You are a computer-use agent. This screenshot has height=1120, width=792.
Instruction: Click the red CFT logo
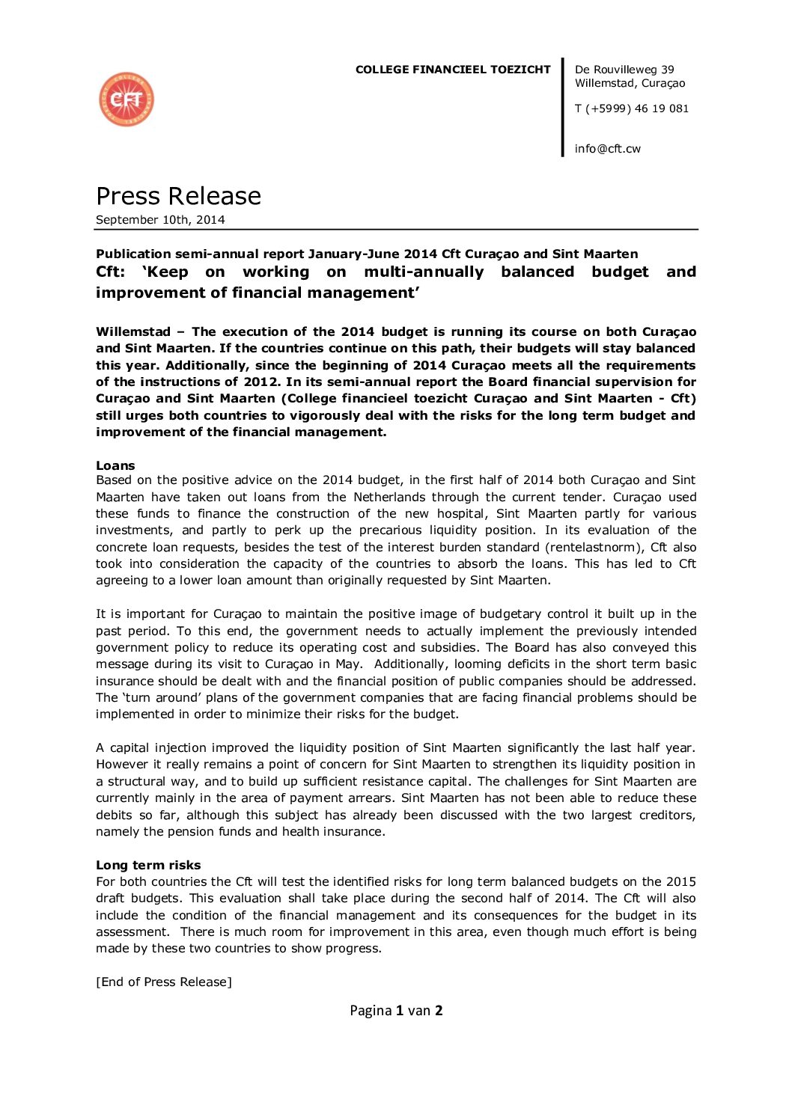[126, 100]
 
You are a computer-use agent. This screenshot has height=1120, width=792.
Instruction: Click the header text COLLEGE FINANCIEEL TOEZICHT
[452, 70]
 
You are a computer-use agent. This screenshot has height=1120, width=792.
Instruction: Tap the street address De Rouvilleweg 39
[624, 70]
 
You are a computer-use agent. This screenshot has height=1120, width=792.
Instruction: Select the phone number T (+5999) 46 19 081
[631, 108]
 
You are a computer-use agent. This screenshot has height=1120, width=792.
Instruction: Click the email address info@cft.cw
[607, 149]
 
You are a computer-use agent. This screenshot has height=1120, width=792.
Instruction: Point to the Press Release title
[178, 196]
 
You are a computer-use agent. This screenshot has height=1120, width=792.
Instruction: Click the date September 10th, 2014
[160, 220]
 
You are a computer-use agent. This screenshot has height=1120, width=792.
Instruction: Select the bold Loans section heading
[115, 465]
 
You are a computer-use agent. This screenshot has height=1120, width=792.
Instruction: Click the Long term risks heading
[148, 865]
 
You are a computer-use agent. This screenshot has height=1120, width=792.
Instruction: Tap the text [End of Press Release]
[164, 982]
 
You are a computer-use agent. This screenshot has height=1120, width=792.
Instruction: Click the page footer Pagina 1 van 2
[396, 1011]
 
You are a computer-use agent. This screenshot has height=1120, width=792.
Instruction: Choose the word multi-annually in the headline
[424, 272]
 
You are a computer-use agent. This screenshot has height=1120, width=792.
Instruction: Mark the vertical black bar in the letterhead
[563, 107]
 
